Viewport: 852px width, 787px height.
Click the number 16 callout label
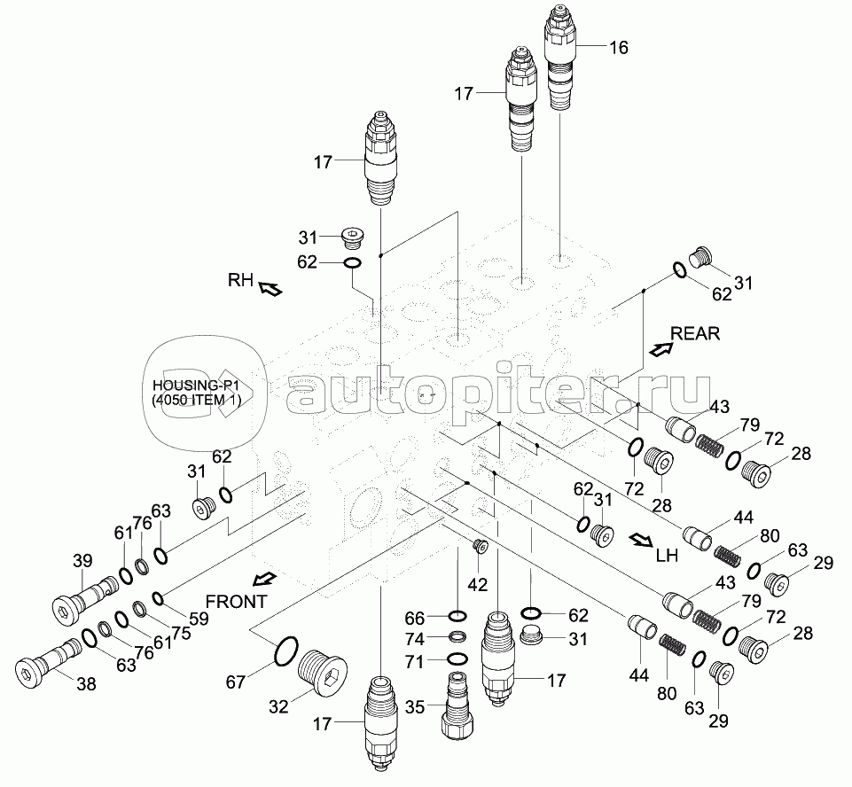(x=618, y=48)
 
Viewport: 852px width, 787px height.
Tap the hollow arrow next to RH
(x=270, y=287)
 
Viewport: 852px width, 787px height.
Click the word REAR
(x=695, y=334)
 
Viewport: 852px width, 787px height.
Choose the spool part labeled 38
(x=49, y=660)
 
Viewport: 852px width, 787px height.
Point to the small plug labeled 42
(x=481, y=544)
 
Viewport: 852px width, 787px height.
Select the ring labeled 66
(x=456, y=617)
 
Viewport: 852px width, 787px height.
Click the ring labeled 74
(x=456, y=638)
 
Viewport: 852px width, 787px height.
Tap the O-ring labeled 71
(x=456, y=659)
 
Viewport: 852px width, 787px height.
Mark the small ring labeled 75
(x=139, y=609)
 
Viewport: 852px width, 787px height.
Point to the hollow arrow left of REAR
(x=659, y=349)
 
